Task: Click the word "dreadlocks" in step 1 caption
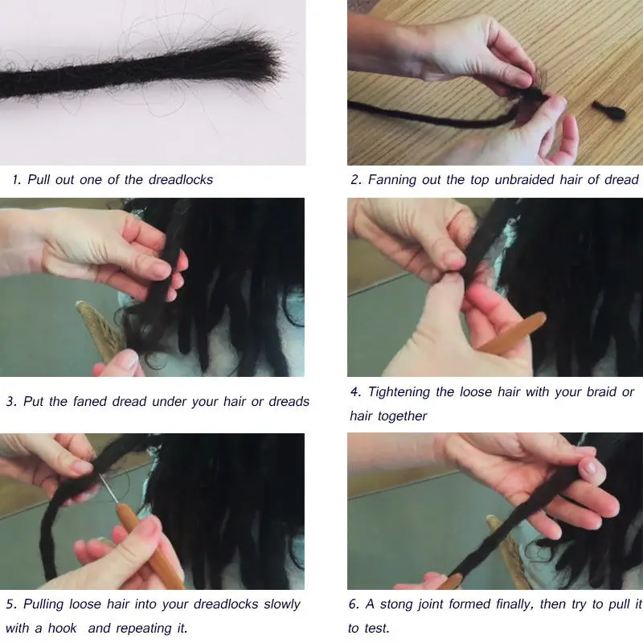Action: (180, 179)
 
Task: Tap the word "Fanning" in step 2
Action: (391, 179)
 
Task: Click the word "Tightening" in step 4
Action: (399, 392)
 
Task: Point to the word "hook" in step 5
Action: (63, 628)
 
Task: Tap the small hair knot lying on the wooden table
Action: (608, 109)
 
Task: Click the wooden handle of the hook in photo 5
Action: (148, 547)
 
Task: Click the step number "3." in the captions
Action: (11, 401)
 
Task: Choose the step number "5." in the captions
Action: (11, 604)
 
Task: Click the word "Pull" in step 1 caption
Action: (39, 179)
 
